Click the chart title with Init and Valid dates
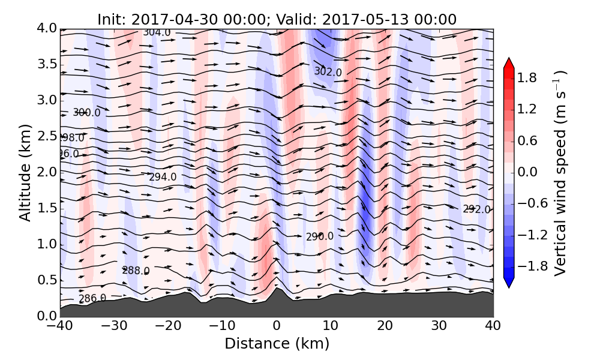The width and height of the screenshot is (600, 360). pos(277,19)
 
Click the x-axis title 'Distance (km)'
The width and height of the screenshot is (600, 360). pos(277,344)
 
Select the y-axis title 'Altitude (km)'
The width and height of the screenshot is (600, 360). pos(25,172)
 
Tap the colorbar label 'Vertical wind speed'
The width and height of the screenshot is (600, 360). pos(560,173)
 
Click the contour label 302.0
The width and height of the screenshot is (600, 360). pos(328,72)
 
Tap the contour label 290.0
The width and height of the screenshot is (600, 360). pos(320,236)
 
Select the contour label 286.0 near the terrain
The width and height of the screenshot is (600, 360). pos(92,298)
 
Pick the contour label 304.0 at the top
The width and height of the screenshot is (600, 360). pos(157,32)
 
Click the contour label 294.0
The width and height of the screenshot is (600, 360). pos(163,176)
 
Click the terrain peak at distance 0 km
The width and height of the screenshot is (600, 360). pos(277,290)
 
